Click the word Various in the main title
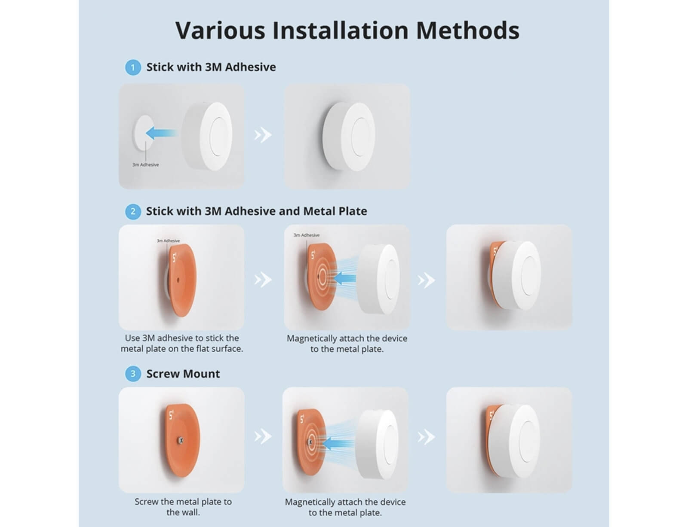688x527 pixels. pyautogui.click(x=220, y=30)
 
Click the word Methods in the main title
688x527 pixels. pyautogui.click(x=468, y=30)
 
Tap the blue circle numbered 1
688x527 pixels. pyautogui.click(x=133, y=67)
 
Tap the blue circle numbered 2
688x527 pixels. pyautogui.click(x=133, y=211)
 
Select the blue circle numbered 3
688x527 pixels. pyautogui.click(x=133, y=374)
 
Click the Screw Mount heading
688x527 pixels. pyautogui.click(x=183, y=374)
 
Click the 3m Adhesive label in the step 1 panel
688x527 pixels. pyautogui.click(x=145, y=164)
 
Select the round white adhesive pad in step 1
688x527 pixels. pyautogui.click(x=144, y=133)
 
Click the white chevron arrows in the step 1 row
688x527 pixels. pyautogui.click(x=263, y=135)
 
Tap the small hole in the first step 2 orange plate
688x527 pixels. pyautogui.click(x=178, y=280)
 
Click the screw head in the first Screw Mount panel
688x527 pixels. pyautogui.click(x=181, y=440)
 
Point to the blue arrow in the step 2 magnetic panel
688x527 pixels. pyautogui.click(x=344, y=278)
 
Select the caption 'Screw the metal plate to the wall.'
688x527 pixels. pyautogui.click(x=183, y=507)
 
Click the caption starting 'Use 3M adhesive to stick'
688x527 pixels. pyautogui.click(x=182, y=343)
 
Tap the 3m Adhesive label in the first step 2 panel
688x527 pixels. pyautogui.click(x=168, y=241)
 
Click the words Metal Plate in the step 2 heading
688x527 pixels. pyautogui.click(x=335, y=211)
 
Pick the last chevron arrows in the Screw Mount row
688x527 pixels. pyautogui.click(x=426, y=437)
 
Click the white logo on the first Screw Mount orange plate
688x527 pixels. pyautogui.click(x=172, y=414)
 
